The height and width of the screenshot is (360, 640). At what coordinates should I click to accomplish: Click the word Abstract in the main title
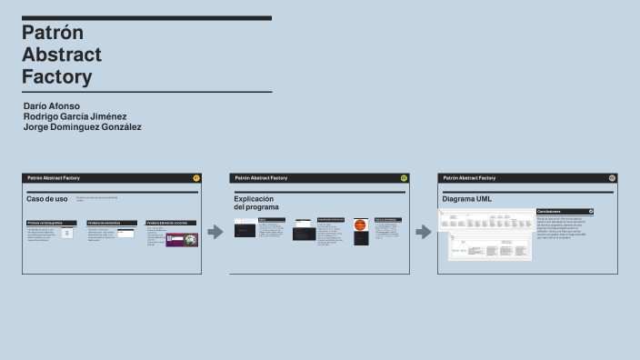click(x=62, y=54)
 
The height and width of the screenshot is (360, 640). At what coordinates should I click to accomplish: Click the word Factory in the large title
click(x=56, y=76)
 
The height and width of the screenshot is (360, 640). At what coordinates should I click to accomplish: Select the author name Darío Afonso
click(x=51, y=106)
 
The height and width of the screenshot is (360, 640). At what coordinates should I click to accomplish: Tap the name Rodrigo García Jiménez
click(x=75, y=116)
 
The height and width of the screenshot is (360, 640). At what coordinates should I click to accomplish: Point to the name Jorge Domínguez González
click(x=82, y=127)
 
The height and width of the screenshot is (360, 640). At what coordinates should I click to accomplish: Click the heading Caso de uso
click(x=47, y=198)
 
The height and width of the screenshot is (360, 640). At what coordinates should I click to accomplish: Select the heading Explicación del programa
click(x=256, y=203)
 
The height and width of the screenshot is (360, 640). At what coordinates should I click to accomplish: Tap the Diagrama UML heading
click(x=466, y=198)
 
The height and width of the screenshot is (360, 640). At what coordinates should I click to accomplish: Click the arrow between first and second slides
click(x=215, y=232)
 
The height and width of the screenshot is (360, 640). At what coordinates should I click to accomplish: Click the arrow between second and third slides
click(x=423, y=232)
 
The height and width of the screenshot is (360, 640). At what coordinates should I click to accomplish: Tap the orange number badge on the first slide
click(x=196, y=178)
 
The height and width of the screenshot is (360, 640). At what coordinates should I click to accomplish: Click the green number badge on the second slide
click(x=404, y=178)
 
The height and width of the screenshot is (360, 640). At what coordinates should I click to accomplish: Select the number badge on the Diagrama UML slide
click(x=612, y=178)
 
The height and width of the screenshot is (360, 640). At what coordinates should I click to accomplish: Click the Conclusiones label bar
click(x=564, y=211)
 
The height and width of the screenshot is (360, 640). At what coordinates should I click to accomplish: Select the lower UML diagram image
click(x=495, y=247)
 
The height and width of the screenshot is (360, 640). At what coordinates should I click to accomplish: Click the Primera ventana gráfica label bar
click(x=51, y=222)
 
